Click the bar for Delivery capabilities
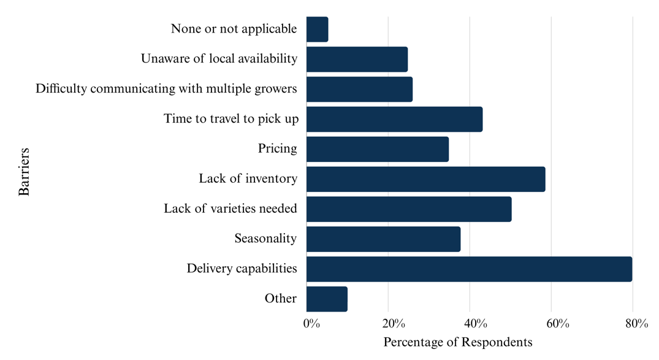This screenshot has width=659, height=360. coord(469,269)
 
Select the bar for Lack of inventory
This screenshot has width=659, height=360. coord(425,179)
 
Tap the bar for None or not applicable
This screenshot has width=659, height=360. coord(317,29)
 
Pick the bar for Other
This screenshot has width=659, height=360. coord(327,299)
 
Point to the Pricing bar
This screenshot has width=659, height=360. coord(377,149)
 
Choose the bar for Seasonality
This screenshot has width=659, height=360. coord(383,239)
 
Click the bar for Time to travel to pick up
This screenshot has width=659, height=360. coord(394,119)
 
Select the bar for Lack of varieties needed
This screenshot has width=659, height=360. coord(409,209)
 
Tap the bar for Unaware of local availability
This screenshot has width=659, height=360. coord(357,59)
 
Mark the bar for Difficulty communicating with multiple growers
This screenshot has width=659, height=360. coord(359,90)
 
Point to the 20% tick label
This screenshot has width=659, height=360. coord(393,324)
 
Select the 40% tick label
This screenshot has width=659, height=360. coord(474,324)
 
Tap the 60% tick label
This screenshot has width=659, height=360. coord(556,324)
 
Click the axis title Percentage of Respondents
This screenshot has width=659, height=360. coord(458,342)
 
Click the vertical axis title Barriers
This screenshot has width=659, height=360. coord(24,170)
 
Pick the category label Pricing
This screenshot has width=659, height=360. coord(277,148)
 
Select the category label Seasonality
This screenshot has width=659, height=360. coord(265,239)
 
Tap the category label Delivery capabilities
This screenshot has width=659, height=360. coord(242,269)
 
